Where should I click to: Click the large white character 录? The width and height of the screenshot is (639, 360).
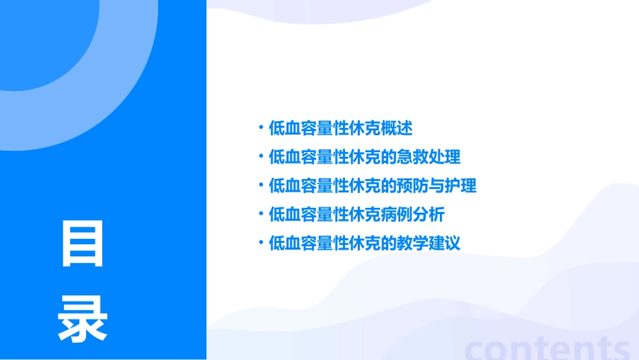[x=83, y=320]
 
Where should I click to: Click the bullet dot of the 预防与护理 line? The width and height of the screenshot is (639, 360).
[x=260, y=184]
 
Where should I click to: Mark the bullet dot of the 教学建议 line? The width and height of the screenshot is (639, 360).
[x=260, y=242]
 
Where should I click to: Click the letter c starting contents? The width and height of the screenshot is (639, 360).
[x=476, y=349]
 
